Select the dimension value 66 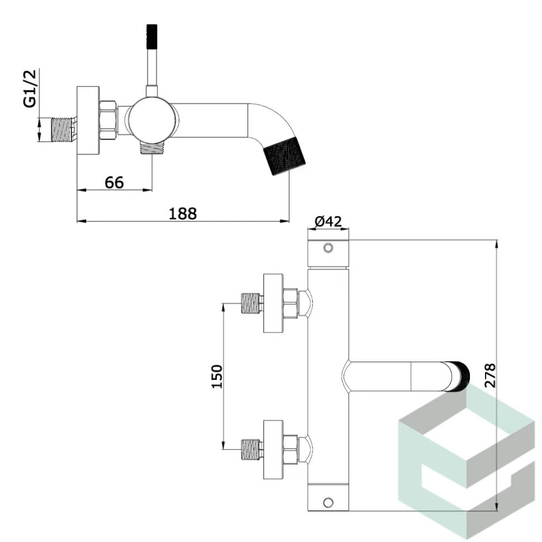click(x=114, y=182)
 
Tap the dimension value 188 click(x=183, y=213)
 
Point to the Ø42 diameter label click(x=328, y=222)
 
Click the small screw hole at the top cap click(x=329, y=248)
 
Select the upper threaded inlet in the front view click(x=252, y=303)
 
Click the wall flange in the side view click(x=88, y=120)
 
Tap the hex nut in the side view click(x=108, y=118)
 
